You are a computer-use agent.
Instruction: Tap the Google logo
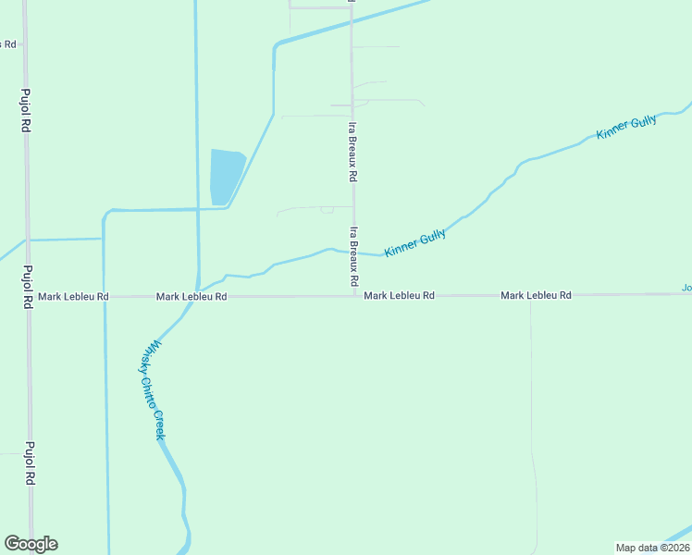point(31,544)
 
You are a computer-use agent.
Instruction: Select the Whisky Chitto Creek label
point(153,389)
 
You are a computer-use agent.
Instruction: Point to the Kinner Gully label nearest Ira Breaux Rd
point(415,243)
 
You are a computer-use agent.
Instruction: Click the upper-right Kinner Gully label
point(626,128)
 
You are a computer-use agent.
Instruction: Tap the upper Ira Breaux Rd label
point(352,149)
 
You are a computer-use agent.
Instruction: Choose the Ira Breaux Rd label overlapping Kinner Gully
point(353,255)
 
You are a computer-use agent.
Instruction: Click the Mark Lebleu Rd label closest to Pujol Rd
point(73,297)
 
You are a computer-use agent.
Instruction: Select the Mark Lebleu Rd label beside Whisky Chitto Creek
point(192,297)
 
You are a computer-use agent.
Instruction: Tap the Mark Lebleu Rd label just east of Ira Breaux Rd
point(399,296)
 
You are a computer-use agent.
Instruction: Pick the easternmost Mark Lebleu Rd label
point(536,295)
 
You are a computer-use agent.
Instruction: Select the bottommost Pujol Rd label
point(30,462)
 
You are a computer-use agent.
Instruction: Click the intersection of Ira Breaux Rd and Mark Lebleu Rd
point(353,296)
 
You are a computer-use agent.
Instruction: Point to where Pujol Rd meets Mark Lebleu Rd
point(28,298)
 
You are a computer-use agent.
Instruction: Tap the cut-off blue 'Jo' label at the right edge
point(686,288)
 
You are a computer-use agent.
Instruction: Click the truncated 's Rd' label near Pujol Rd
point(8,43)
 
